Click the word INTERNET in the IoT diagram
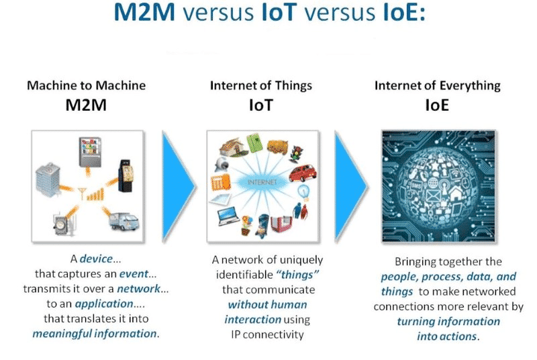(x=262, y=182)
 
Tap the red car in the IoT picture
(x=303, y=173)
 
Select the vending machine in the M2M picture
(x=90, y=152)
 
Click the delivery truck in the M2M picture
(x=124, y=221)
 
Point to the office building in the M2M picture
(x=48, y=180)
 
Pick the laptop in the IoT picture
(x=228, y=216)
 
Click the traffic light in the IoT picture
(x=295, y=154)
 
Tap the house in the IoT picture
(x=232, y=147)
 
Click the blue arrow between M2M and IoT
(x=177, y=186)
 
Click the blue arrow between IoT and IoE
(x=350, y=186)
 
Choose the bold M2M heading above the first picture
(x=86, y=105)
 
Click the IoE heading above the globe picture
(x=437, y=105)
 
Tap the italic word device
(x=96, y=259)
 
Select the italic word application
(x=104, y=304)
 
